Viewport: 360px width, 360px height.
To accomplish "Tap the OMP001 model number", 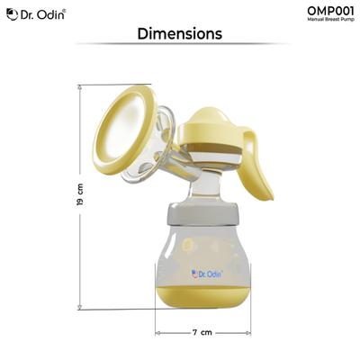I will tap(329, 11).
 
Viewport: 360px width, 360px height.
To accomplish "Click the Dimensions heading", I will tap(179, 34).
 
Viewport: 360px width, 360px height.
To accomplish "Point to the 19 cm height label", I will tap(80, 196).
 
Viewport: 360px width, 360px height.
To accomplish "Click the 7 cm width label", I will tap(202, 332).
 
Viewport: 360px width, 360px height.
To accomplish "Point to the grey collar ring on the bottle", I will tap(202, 214).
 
